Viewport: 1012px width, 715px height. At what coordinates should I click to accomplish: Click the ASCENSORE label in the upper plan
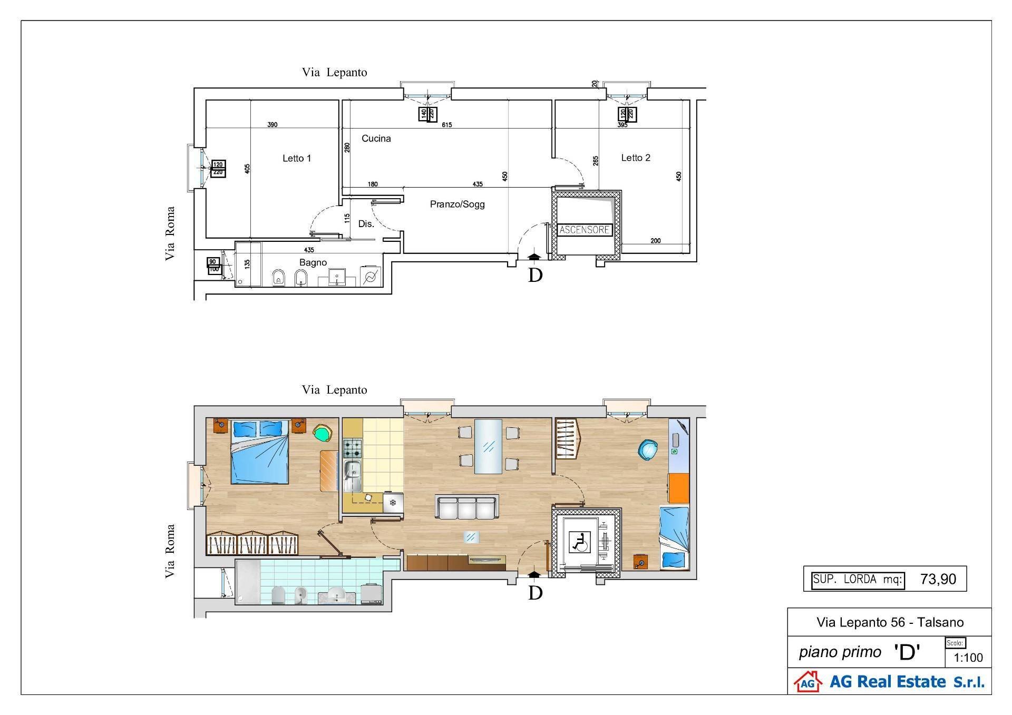[x=584, y=230]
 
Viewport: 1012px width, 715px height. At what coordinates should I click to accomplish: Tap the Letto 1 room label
[x=297, y=158]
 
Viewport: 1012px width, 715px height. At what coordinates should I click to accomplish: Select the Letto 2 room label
[x=635, y=158]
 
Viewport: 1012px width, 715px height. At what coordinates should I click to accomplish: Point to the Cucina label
[x=376, y=139]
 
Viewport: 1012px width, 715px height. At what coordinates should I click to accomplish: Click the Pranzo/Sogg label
[x=457, y=204]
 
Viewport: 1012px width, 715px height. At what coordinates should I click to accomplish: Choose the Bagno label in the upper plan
[x=313, y=262]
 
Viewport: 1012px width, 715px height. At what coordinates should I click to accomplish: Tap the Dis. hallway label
[x=366, y=224]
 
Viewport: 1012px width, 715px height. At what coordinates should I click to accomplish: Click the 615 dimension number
[x=446, y=125]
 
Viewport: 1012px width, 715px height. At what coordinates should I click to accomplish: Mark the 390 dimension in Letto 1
[x=272, y=125]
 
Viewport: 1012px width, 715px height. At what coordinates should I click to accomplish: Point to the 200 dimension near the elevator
[x=655, y=241]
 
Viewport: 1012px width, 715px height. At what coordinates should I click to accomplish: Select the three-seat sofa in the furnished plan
[x=466, y=507]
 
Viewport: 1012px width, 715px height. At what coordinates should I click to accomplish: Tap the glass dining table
[x=488, y=446]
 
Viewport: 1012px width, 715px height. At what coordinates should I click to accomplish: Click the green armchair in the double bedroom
[x=323, y=433]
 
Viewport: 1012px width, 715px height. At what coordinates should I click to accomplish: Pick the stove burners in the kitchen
[x=352, y=449]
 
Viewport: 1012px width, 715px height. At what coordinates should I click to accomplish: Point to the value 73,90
[x=938, y=580]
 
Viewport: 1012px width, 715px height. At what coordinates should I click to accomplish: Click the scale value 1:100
[x=968, y=658]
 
